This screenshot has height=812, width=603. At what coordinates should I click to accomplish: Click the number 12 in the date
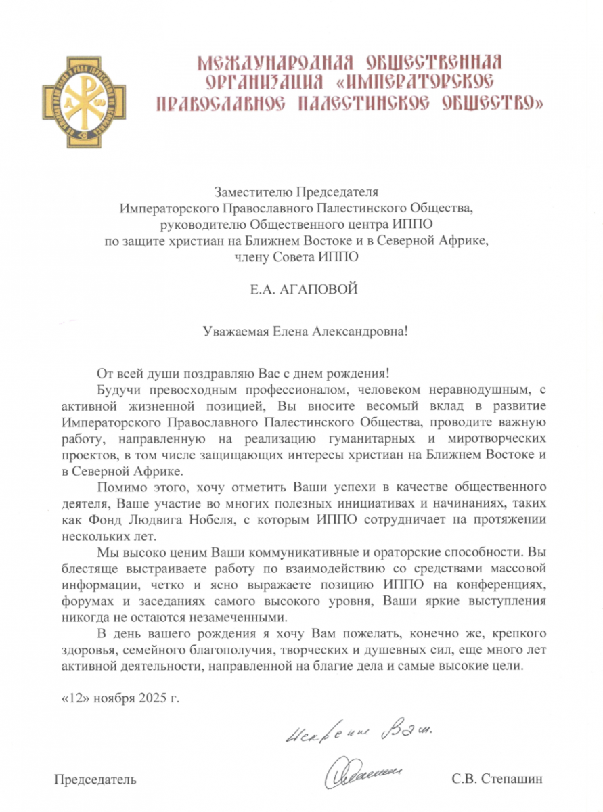pyautogui.click(x=72, y=697)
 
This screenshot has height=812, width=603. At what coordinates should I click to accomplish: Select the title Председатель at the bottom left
pyautogui.click(x=95, y=779)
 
